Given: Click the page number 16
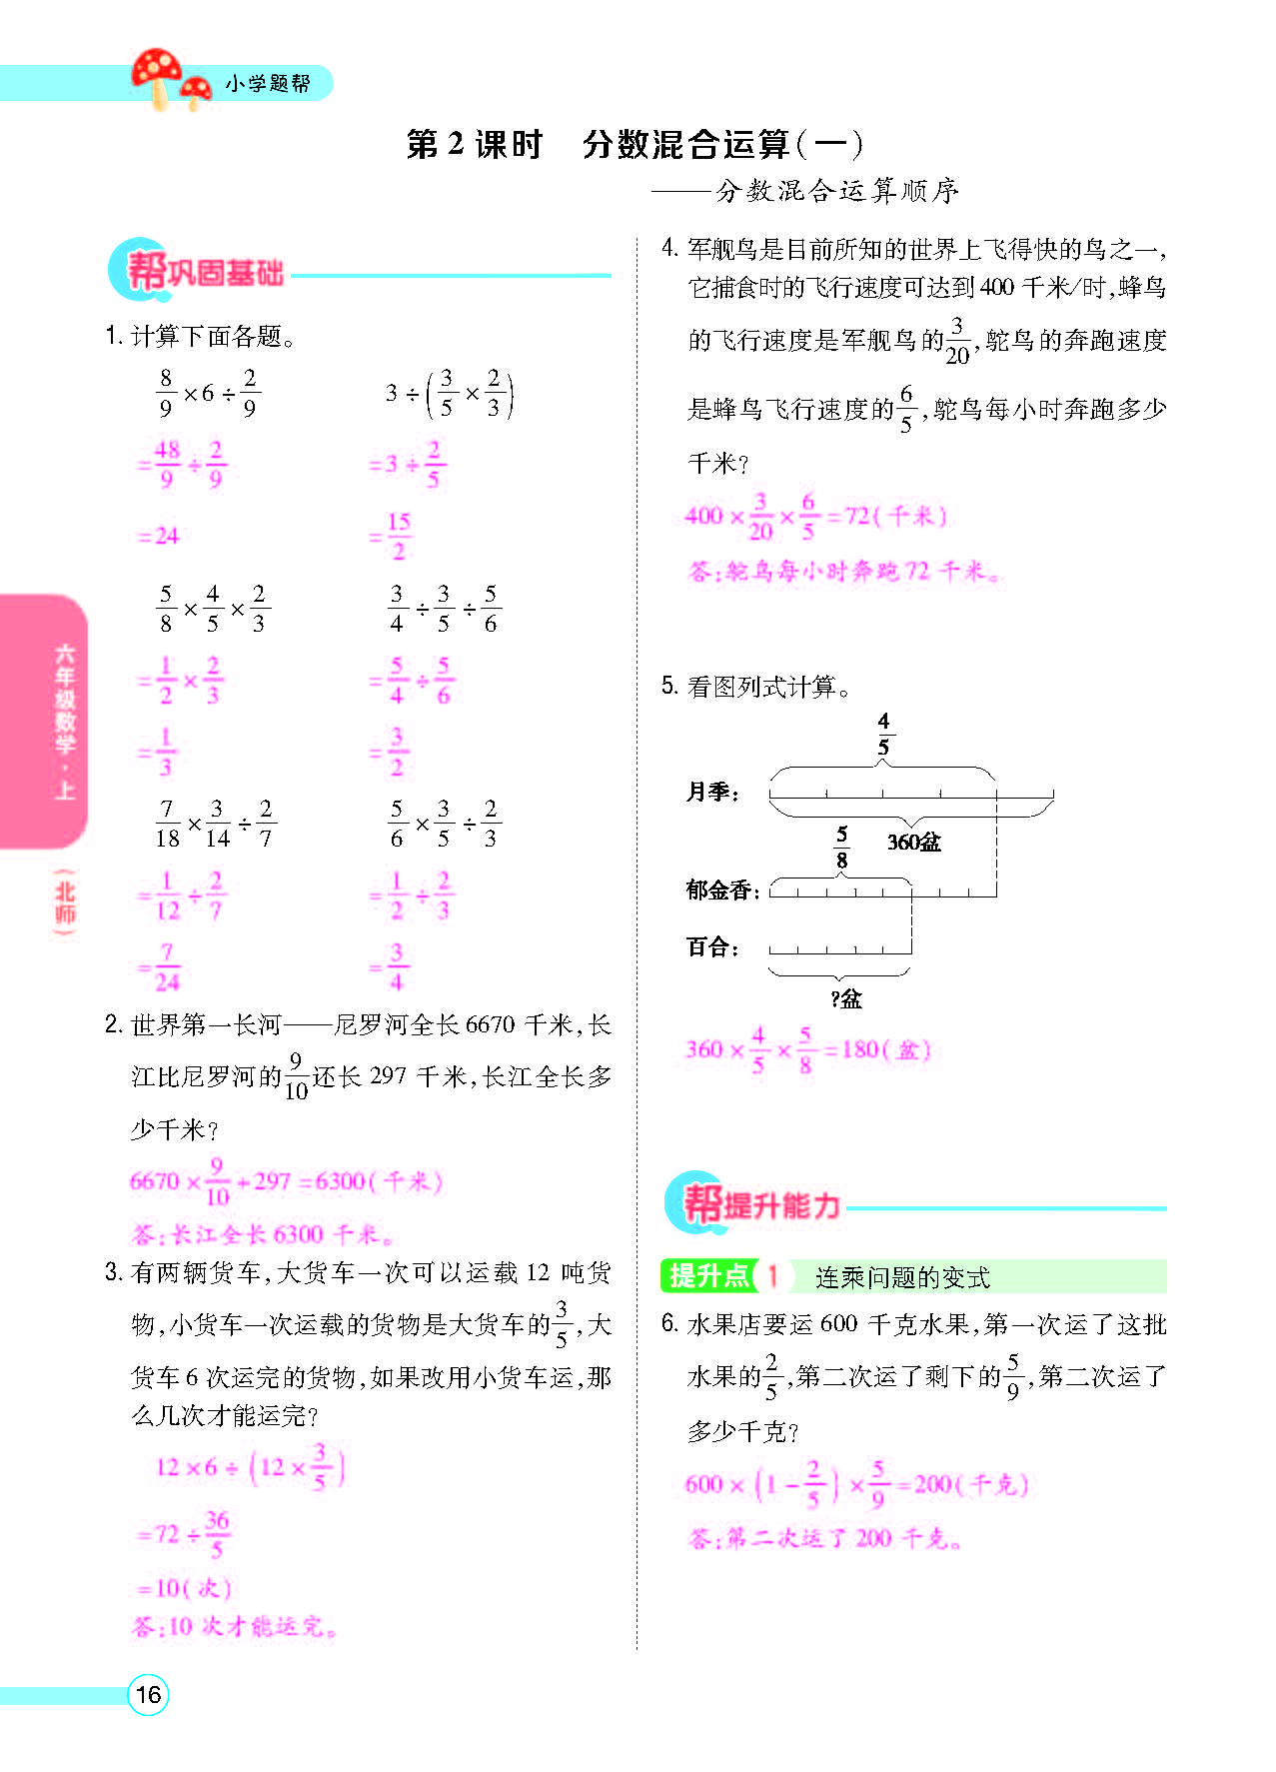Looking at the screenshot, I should pos(148,1695).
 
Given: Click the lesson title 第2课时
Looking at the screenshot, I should pos(474,145).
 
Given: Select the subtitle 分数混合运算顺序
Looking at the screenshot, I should pos(837,191).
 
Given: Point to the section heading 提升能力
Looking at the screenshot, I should pos(780,1205).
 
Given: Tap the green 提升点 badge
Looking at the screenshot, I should pos(708,1276).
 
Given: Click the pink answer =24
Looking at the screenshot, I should pos(158,537).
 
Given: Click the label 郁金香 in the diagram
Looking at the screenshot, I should pos(721,890).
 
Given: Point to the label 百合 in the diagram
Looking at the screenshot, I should pos(711,947).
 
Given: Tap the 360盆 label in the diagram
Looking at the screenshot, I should pos(913,843).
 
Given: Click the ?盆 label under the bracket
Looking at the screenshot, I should pos(845,998).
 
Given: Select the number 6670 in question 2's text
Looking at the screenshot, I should pos(490,1025).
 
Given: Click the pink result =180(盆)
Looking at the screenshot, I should pos(879,1050).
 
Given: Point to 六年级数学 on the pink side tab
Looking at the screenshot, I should pos(65,699).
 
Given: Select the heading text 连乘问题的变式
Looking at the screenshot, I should pos(901,1277).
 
